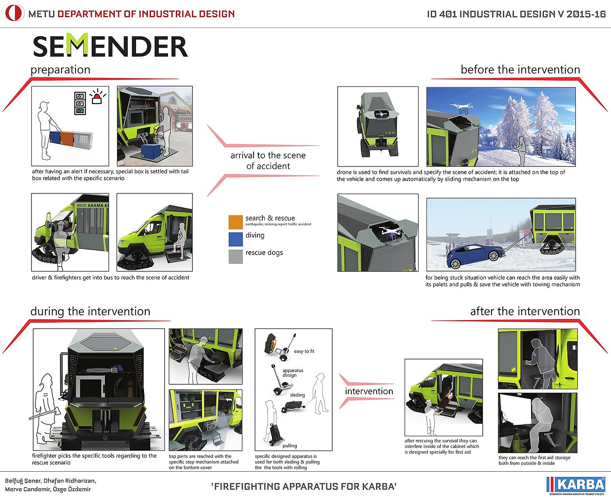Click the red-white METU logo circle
(14, 14)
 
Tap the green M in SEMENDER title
(79, 45)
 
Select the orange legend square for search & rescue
(236, 222)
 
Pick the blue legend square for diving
(236, 239)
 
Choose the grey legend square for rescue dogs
(236, 256)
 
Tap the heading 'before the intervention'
(520, 70)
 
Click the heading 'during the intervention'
(90, 311)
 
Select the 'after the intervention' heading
(525, 311)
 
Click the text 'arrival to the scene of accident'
(268, 161)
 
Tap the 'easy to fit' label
(304, 352)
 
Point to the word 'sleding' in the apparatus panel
(298, 395)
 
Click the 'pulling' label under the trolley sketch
(290, 446)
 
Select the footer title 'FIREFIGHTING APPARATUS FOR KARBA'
(304, 486)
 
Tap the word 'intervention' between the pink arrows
(369, 391)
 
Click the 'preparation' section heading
(61, 70)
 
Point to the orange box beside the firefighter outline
(67, 138)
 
